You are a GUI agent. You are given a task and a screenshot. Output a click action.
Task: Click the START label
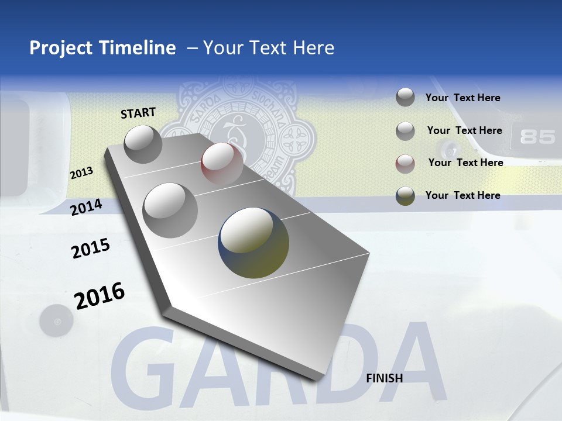pyautogui.click(x=138, y=112)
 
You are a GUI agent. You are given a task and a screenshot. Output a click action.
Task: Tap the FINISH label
pyautogui.click(x=384, y=378)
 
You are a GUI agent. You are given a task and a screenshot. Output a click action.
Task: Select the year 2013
pyautogui.click(x=81, y=172)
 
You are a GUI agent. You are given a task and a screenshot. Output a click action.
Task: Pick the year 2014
pyautogui.click(x=86, y=207)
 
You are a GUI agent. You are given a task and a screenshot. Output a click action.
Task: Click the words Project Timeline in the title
pyautogui.click(x=102, y=48)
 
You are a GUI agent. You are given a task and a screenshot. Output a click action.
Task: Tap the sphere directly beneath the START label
pyautogui.click(x=143, y=144)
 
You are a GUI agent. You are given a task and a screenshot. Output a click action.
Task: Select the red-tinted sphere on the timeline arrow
pyautogui.click(x=222, y=163)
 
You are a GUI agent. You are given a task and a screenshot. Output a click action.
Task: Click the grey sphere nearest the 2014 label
pyautogui.click(x=170, y=210)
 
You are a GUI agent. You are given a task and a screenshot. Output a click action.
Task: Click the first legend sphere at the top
pyautogui.click(x=405, y=98)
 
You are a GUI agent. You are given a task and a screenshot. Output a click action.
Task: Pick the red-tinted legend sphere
pyautogui.click(x=405, y=163)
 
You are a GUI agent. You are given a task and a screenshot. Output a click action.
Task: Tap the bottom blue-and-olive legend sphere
pyautogui.click(x=405, y=196)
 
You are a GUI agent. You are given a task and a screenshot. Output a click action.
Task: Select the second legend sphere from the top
pyautogui.click(x=405, y=131)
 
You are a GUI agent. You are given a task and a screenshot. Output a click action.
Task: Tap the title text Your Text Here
pyautogui.click(x=268, y=48)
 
